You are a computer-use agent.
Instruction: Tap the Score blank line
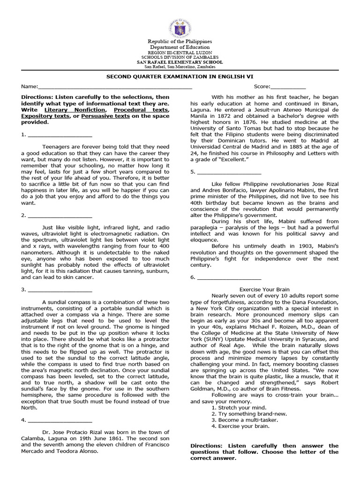pyautogui.click(x=288, y=87)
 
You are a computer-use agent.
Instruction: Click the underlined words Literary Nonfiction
pyautogui.click(x=73, y=109)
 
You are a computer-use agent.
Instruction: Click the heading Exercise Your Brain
pyautogui.click(x=264, y=290)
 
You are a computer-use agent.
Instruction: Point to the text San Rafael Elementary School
pyautogui.click(x=180, y=62)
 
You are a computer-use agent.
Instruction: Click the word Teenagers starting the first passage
pyautogui.click(x=56, y=147)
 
